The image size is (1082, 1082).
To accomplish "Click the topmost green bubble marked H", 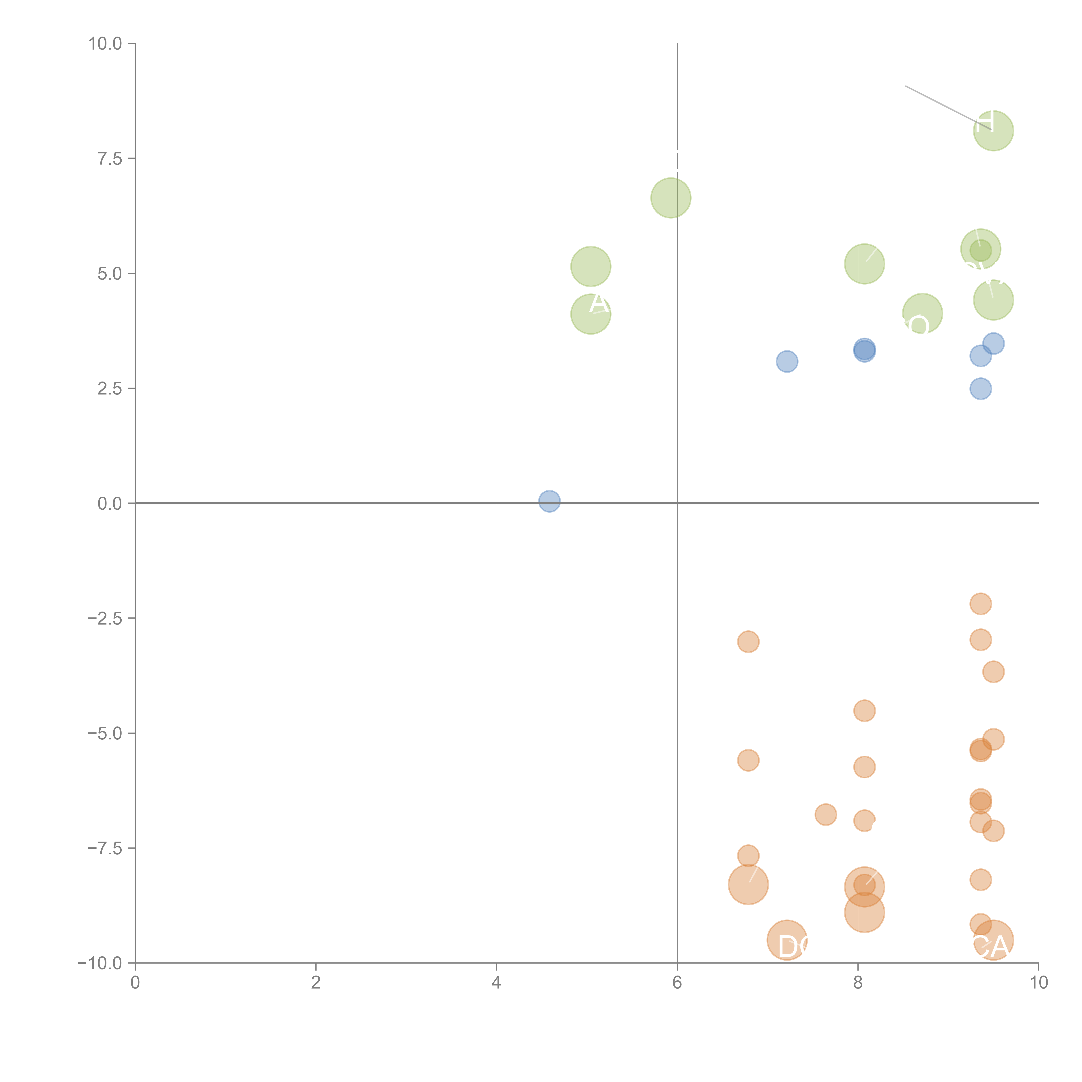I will [x=993, y=130].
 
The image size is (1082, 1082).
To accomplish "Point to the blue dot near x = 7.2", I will [x=787, y=361].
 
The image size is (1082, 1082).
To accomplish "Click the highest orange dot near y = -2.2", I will [x=980, y=604].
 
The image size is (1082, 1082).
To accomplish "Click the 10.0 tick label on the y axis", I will [x=105, y=44].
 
